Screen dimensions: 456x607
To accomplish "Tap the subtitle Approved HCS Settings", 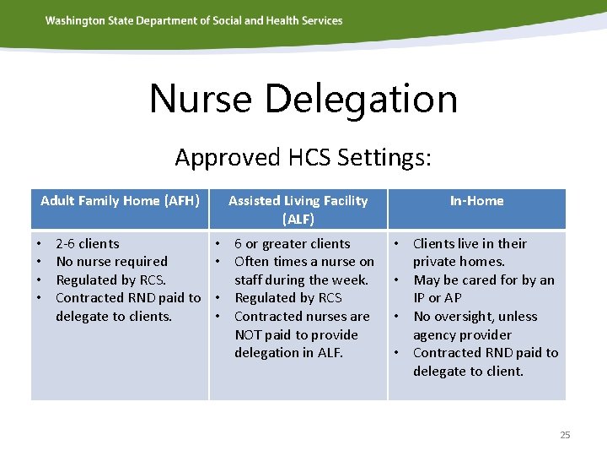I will coord(303,157).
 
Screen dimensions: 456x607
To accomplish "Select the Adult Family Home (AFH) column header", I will coord(120,200).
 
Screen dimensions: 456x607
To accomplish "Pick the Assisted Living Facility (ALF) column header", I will coord(298,209).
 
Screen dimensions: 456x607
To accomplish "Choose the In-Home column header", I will coord(476,200).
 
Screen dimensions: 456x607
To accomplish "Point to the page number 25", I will coord(565,435).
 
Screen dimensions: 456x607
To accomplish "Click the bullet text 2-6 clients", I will coord(87,243).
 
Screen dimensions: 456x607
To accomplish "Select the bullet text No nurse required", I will coord(111,262).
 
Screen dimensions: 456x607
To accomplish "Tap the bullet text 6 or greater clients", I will coord(292,243).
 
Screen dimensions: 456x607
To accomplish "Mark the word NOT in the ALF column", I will coord(249,334).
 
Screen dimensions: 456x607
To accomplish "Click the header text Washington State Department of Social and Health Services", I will coord(194,20).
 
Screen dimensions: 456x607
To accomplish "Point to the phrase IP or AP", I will coord(438,298).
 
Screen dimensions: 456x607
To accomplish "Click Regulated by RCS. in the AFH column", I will coord(110,280).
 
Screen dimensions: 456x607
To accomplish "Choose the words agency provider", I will coord(462,334).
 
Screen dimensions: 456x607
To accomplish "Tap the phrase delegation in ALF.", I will coord(288,353).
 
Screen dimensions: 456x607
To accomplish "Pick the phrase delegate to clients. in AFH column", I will coord(113,317).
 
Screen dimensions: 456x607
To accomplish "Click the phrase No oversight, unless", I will coord(475,317).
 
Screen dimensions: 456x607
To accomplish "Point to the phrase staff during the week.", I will coord(301,280).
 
